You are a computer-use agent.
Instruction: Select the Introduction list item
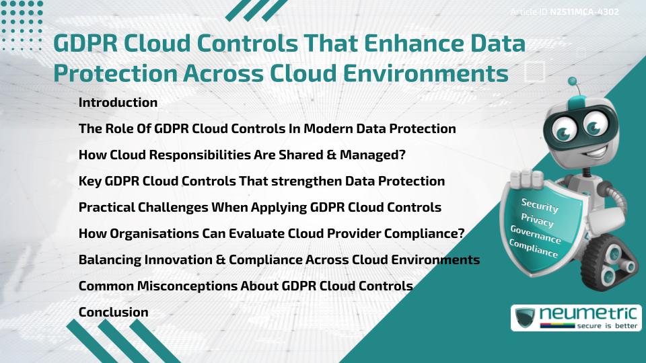(x=118, y=103)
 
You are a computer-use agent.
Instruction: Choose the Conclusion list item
(x=113, y=312)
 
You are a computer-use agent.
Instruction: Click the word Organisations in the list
(x=151, y=233)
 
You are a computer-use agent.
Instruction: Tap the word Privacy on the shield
(x=537, y=220)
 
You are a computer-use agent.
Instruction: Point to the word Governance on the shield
(x=535, y=235)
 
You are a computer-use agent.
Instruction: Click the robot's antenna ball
(x=573, y=82)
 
